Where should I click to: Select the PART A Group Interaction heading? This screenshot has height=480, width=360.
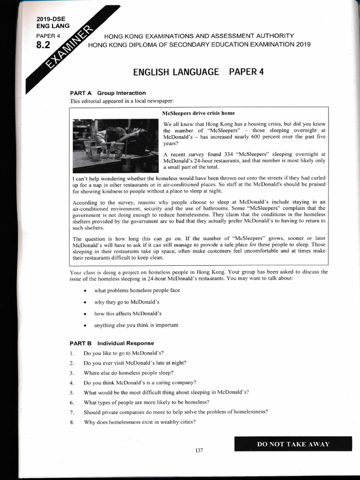[x=108, y=93]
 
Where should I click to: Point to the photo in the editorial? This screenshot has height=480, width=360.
[x=115, y=146]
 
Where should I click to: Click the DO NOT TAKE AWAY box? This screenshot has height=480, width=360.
[x=293, y=444]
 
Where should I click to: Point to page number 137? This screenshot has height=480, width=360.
[x=199, y=450]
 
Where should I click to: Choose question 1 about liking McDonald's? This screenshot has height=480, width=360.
[x=123, y=352]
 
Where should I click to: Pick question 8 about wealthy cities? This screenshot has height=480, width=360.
[x=139, y=422]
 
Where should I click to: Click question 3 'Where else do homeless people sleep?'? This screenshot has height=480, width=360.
[x=128, y=373]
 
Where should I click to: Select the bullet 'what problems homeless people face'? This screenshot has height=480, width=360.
[x=137, y=291]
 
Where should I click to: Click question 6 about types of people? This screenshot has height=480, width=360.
[x=146, y=402]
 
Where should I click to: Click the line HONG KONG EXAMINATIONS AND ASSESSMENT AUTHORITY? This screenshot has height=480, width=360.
[x=199, y=36]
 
